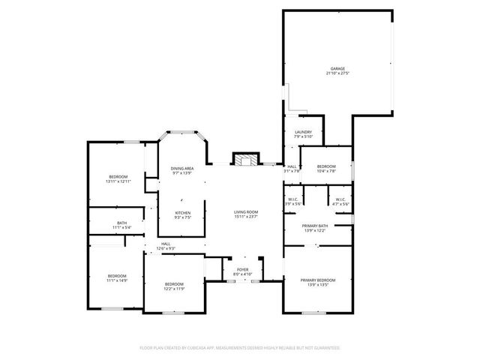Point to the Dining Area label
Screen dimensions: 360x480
click(x=182, y=168)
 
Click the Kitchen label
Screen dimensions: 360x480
click(x=182, y=212)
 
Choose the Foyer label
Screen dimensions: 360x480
click(x=243, y=269)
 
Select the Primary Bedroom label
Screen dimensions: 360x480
click(x=318, y=280)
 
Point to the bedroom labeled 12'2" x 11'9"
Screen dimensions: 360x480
click(x=174, y=285)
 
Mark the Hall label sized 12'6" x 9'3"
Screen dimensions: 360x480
click(x=165, y=244)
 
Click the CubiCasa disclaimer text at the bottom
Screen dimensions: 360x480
click(x=240, y=348)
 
